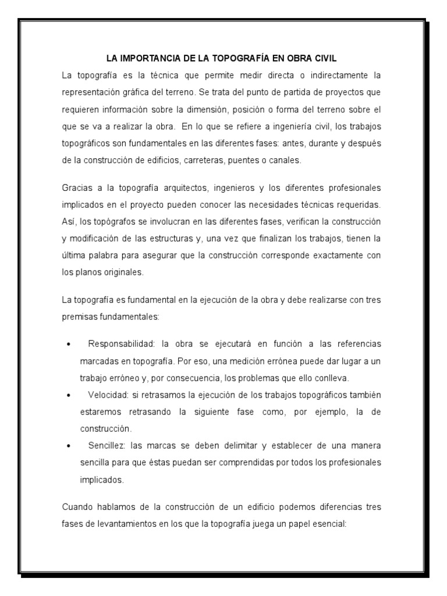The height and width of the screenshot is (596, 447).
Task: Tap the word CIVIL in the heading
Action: [x=324, y=58]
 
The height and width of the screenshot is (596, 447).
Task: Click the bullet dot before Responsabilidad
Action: [x=69, y=344]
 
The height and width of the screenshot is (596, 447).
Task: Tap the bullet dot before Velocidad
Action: [x=69, y=395]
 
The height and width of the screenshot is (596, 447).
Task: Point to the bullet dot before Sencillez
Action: [x=69, y=447]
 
